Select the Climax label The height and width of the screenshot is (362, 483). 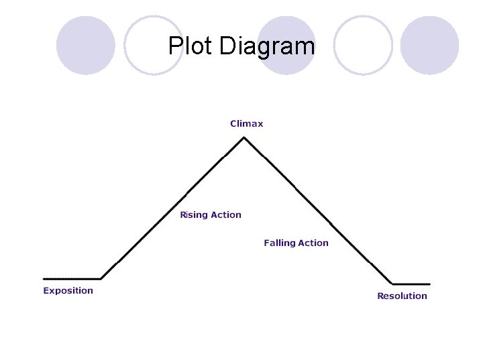(x=247, y=123)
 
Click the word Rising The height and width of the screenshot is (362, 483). (x=194, y=215)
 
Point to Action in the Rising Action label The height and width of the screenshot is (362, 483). (x=226, y=215)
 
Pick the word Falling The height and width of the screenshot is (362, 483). (x=280, y=243)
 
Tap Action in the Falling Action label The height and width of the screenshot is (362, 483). (x=313, y=243)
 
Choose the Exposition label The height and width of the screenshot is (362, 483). (x=68, y=290)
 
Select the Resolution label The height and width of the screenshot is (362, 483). (x=402, y=296)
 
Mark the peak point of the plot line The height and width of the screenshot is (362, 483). (x=244, y=137)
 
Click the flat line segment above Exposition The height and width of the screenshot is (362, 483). (x=72, y=278)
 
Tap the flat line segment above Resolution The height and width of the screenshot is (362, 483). (x=411, y=284)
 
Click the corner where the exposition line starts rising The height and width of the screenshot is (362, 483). (x=101, y=278)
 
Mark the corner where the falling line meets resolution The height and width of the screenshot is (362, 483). (x=392, y=284)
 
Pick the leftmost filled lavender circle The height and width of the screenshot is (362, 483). (x=85, y=46)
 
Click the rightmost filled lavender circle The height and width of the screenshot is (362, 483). (x=429, y=46)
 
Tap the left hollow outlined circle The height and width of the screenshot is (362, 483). (x=154, y=46)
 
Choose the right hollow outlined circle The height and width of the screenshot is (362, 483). (x=363, y=46)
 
